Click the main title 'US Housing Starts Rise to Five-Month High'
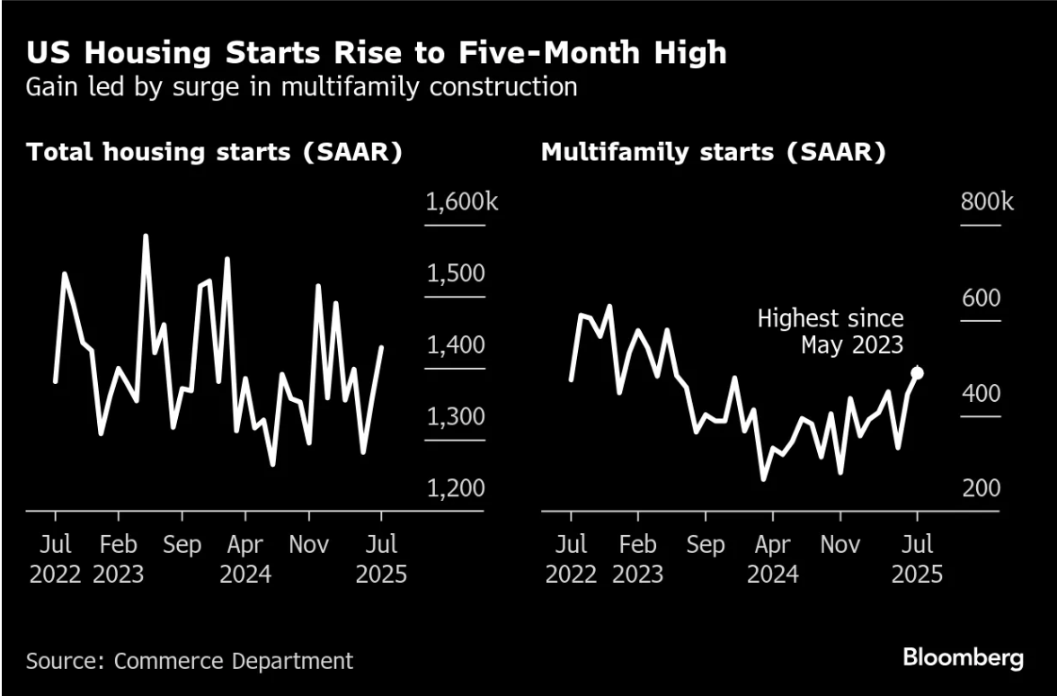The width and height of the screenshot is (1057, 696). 376,53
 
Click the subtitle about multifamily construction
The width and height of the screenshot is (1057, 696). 301,87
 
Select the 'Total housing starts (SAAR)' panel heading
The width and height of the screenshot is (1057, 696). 214,152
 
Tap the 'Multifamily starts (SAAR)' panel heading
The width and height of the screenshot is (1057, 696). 714,152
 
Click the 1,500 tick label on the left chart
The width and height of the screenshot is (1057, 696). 456,274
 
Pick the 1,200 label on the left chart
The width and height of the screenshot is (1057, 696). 456,489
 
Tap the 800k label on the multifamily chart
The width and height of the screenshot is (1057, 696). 987,202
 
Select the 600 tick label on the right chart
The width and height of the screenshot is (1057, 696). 981,299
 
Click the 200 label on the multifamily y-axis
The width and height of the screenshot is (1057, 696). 981,489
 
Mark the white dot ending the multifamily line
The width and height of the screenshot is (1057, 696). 918,373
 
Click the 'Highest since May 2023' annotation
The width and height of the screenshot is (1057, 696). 830,331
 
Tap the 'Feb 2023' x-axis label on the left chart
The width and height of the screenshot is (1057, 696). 119,558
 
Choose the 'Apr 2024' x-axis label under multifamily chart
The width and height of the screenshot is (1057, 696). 772,558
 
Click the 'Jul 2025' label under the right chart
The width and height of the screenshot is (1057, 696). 917,558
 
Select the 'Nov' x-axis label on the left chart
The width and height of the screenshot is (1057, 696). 309,545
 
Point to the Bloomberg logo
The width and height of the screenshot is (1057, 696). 964,657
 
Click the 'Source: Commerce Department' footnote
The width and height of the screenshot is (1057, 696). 190,661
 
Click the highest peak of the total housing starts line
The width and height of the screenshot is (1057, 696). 146,236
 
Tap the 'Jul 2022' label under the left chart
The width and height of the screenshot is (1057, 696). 56,558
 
